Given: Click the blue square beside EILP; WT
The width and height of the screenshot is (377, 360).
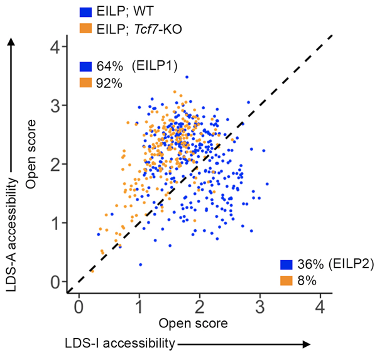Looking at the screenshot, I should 86,11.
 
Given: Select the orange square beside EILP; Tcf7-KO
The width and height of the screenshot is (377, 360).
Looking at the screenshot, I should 86,28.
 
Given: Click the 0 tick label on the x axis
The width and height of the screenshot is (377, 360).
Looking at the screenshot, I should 79,307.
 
